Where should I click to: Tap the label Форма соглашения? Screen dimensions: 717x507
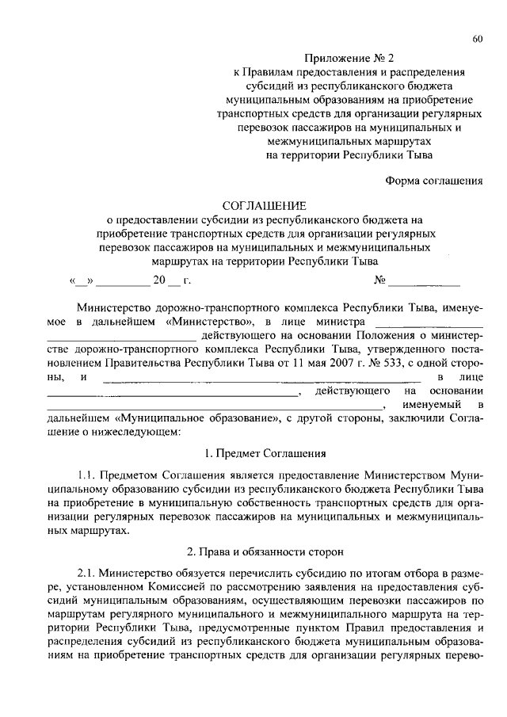coord(434,180)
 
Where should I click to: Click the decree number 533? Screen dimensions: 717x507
coord(377,364)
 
